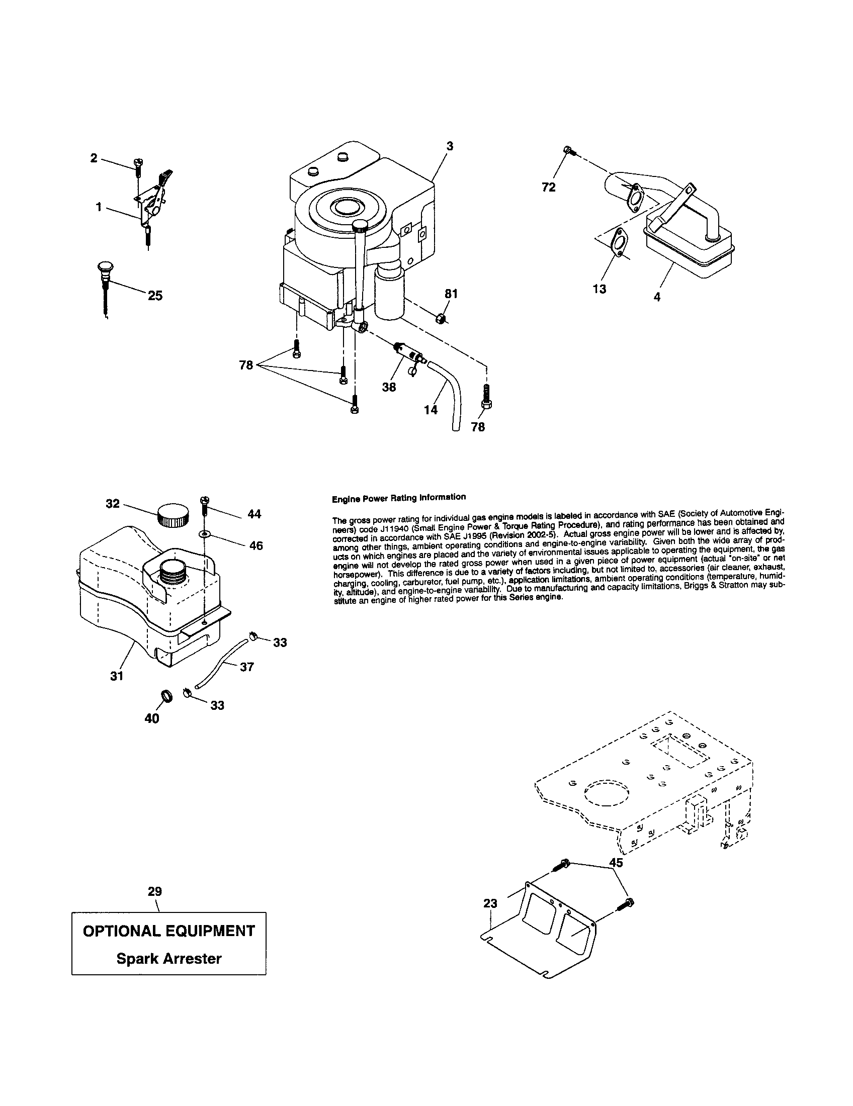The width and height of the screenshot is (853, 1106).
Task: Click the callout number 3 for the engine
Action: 450,146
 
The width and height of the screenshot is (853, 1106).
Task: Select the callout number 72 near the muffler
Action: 548,188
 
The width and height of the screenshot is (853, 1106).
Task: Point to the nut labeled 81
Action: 440,319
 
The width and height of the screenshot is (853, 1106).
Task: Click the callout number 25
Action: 155,296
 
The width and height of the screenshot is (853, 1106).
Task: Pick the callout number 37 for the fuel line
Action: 246,667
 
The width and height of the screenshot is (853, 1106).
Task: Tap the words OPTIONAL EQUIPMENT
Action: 168,931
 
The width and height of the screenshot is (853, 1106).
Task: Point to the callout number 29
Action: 155,891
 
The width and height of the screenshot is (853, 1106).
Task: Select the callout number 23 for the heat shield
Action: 490,903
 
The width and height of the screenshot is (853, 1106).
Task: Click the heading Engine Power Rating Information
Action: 398,497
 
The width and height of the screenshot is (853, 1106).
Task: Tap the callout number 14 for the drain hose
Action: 431,410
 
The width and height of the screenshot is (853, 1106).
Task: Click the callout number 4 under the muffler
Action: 657,297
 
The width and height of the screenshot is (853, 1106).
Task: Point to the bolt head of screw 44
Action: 205,500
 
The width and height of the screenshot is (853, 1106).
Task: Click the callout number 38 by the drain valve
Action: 389,387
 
